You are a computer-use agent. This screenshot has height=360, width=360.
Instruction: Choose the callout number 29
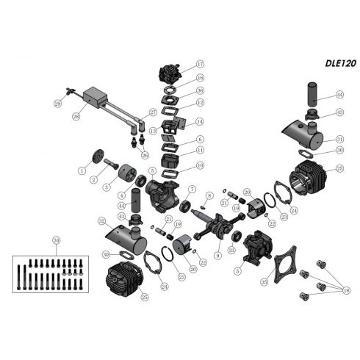57,106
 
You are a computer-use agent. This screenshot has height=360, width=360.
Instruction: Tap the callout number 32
101,220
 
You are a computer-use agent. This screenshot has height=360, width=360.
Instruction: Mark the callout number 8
209,195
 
